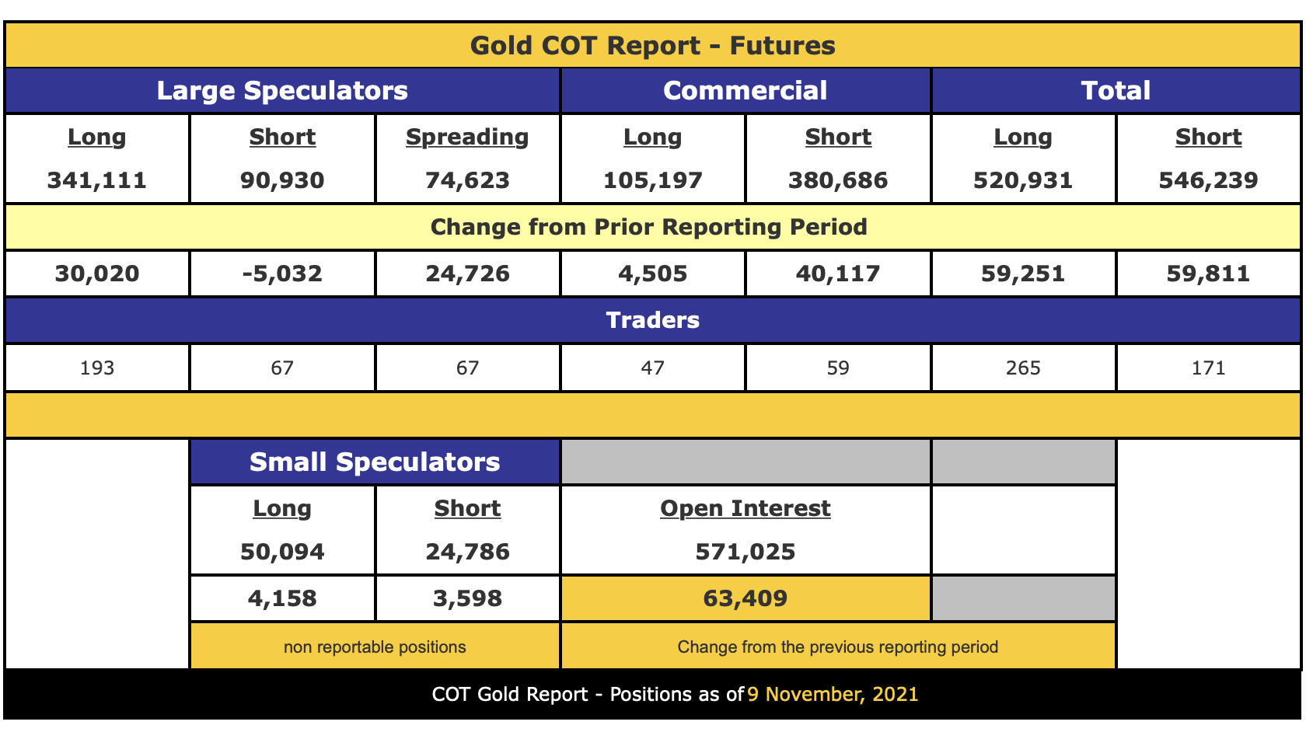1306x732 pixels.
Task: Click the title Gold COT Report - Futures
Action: tap(652, 45)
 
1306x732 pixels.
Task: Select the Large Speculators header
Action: tap(282, 90)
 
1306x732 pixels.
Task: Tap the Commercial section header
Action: tap(745, 90)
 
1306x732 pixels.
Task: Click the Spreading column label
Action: tap(467, 137)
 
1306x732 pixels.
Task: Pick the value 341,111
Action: tap(97, 180)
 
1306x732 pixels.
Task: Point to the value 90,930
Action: tap(282, 180)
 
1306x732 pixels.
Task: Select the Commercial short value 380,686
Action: tap(838, 180)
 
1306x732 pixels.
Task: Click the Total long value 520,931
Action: tap(1023, 180)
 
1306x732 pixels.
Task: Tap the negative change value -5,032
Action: tap(282, 274)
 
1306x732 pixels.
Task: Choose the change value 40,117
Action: tap(838, 274)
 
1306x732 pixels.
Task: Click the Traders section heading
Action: tap(652, 320)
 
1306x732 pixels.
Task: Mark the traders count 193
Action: tap(97, 368)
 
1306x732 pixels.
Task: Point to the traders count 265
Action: tap(1023, 368)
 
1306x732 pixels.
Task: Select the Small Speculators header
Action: tap(375, 462)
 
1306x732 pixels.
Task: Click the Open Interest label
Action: tap(745, 508)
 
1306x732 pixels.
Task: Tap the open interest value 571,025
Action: tap(745, 552)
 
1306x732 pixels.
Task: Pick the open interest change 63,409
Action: tap(745, 598)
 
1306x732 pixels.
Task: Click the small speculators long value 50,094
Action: tap(282, 552)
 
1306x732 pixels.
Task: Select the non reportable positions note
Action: tap(375, 647)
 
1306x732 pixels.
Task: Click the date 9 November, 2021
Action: tap(833, 694)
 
